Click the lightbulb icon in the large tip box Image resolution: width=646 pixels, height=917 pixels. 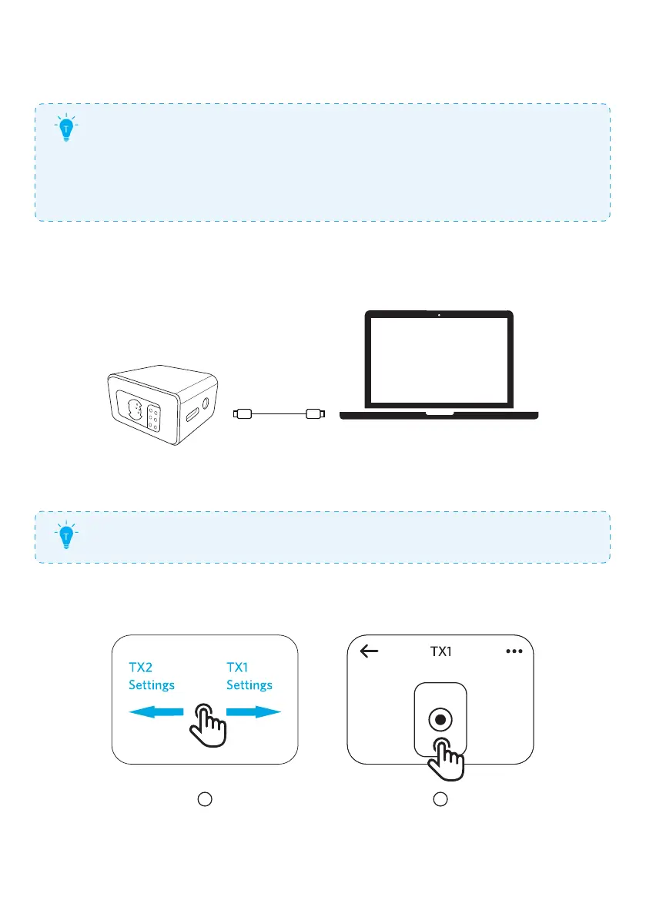pyautogui.click(x=67, y=130)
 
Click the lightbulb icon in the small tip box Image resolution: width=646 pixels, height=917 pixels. pyautogui.click(x=67, y=537)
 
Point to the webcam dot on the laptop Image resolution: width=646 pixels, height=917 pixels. pyautogui.click(x=438, y=314)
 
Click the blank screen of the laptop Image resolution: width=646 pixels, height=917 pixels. pyautogui.click(x=438, y=359)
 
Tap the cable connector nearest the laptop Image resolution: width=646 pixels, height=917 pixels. pyautogui.click(x=314, y=414)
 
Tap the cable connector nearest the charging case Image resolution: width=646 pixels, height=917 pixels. pyautogui.click(x=243, y=414)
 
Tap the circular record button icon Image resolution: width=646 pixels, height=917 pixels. pyautogui.click(x=440, y=721)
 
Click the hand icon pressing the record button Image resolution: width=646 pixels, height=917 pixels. pyautogui.click(x=447, y=758)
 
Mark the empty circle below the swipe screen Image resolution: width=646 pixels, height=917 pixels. pyautogui.click(x=205, y=800)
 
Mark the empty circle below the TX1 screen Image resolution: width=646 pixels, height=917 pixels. pyautogui.click(x=440, y=800)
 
